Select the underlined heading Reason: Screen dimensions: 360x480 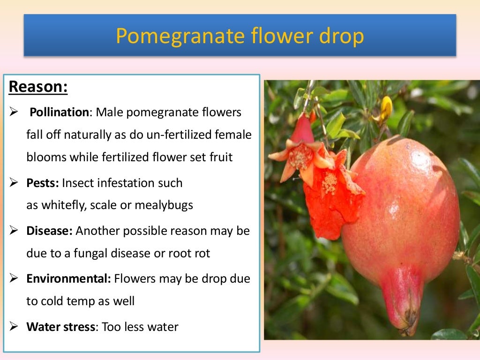(x=38, y=87)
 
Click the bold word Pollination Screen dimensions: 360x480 (x=59, y=112)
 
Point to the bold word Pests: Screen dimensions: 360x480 (x=43, y=183)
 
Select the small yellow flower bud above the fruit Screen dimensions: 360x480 (x=386, y=108)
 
